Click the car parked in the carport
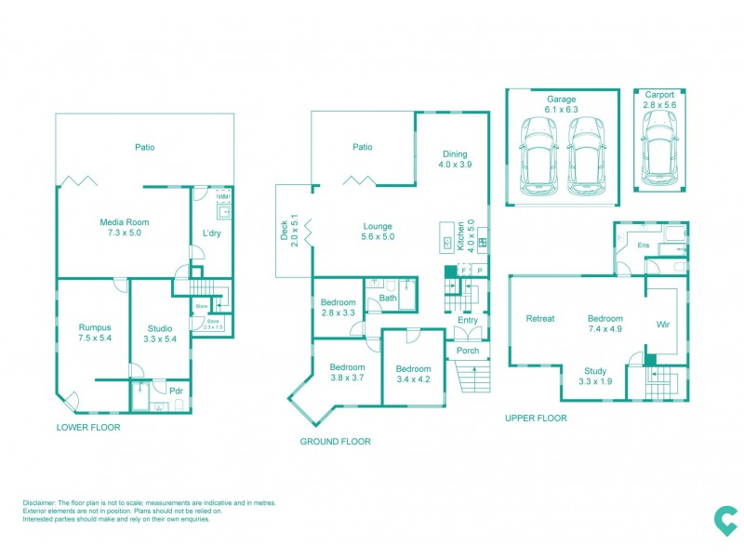pos(658,151)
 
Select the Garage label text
pos(561,100)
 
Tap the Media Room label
pos(125,222)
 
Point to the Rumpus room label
pos(95,327)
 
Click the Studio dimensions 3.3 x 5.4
pos(160,339)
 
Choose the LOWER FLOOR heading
pos(88,428)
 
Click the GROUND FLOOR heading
pos(335,442)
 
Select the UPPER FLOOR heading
pos(536,418)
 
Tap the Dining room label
pos(455,154)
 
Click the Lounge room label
pos(378,226)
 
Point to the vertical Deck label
pos(285,230)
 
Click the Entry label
pos(467,321)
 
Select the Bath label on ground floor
pos(388,299)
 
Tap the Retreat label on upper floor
pos(540,319)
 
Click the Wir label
pos(663,325)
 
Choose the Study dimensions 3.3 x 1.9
pos(594,381)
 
